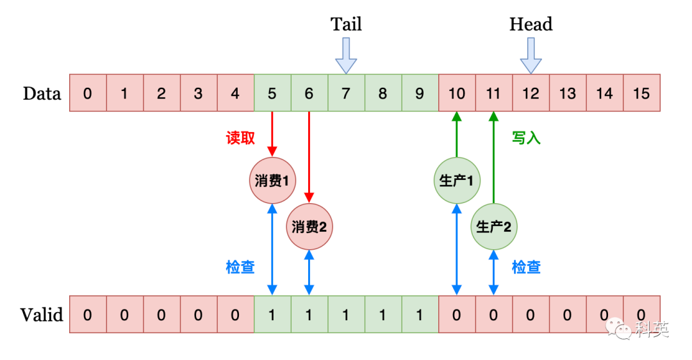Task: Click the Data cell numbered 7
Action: tap(346, 94)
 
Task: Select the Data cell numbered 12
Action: tap(531, 94)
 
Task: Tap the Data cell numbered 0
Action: tap(87, 94)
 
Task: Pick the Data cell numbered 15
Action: tap(641, 94)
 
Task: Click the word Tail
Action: tap(346, 24)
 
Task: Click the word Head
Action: tap(531, 24)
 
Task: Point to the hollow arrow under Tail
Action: tap(346, 55)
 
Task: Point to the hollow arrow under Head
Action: tap(531, 55)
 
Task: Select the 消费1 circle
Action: tap(272, 181)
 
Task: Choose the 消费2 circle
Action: tap(309, 226)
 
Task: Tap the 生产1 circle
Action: tap(457, 181)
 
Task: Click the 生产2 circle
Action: tap(494, 226)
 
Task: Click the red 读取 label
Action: tap(240, 138)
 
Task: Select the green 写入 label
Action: tap(526, 138)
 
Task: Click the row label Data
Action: tap(42, 94)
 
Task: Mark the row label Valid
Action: tap(42, 315)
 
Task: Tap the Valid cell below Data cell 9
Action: tap(420, 315)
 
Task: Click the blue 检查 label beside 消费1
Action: tap(240, 267)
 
